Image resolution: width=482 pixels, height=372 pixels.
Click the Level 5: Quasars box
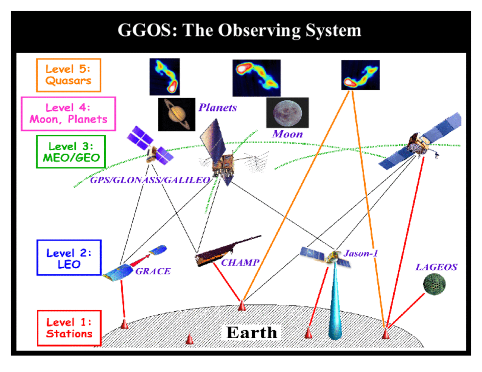click(69, 75)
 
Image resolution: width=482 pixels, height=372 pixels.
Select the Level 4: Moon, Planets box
click(68, 114)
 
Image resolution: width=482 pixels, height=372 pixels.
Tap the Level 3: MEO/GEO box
click(71, 152)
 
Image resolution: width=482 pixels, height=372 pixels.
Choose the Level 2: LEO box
click(69, 257)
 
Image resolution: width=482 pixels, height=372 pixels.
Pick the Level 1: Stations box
click(69, 328)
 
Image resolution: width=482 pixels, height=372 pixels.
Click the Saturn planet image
click(177, 114)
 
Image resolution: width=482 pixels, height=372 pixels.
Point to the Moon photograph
click(287, 113)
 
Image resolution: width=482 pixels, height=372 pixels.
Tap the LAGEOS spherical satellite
click(434, 284)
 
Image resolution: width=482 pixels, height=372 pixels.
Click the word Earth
click(252, 333)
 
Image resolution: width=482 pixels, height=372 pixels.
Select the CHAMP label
click(240, 263)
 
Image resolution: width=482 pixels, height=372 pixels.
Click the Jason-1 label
click(361, 254)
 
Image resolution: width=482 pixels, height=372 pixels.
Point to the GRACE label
click(153, 271)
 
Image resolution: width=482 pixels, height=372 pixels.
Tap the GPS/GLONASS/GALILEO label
click(150, 180)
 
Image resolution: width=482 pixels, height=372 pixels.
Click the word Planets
click(218, 108)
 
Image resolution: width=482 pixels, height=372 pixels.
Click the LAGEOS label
click(436, 267)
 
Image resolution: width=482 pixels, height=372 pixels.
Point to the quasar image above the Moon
click(256, 78)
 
